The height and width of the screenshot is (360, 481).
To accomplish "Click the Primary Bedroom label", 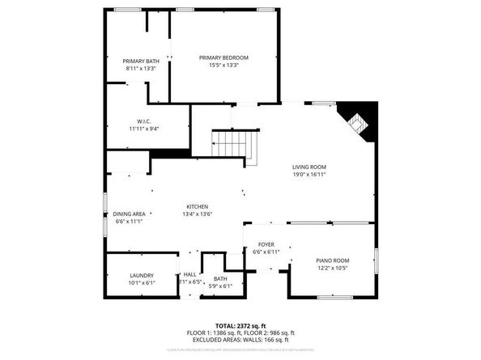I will coord(223,57).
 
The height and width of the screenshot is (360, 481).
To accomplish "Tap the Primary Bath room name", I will coord(141,61).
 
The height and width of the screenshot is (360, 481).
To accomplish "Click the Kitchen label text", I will coord(198,206).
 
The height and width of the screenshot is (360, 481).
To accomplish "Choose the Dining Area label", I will coord(130,214).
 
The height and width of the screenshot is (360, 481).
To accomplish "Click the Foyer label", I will coord(266,244).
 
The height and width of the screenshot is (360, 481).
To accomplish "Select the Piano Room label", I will coord(332,260).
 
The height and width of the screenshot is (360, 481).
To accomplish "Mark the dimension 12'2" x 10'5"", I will coord(332,268).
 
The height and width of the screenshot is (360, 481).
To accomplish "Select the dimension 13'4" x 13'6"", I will coord(198,214).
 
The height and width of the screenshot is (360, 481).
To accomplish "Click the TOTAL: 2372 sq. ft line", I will coord(240,324).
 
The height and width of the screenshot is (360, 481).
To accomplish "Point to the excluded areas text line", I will coord(240,340).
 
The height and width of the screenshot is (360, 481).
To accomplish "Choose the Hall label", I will coord(189,275).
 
